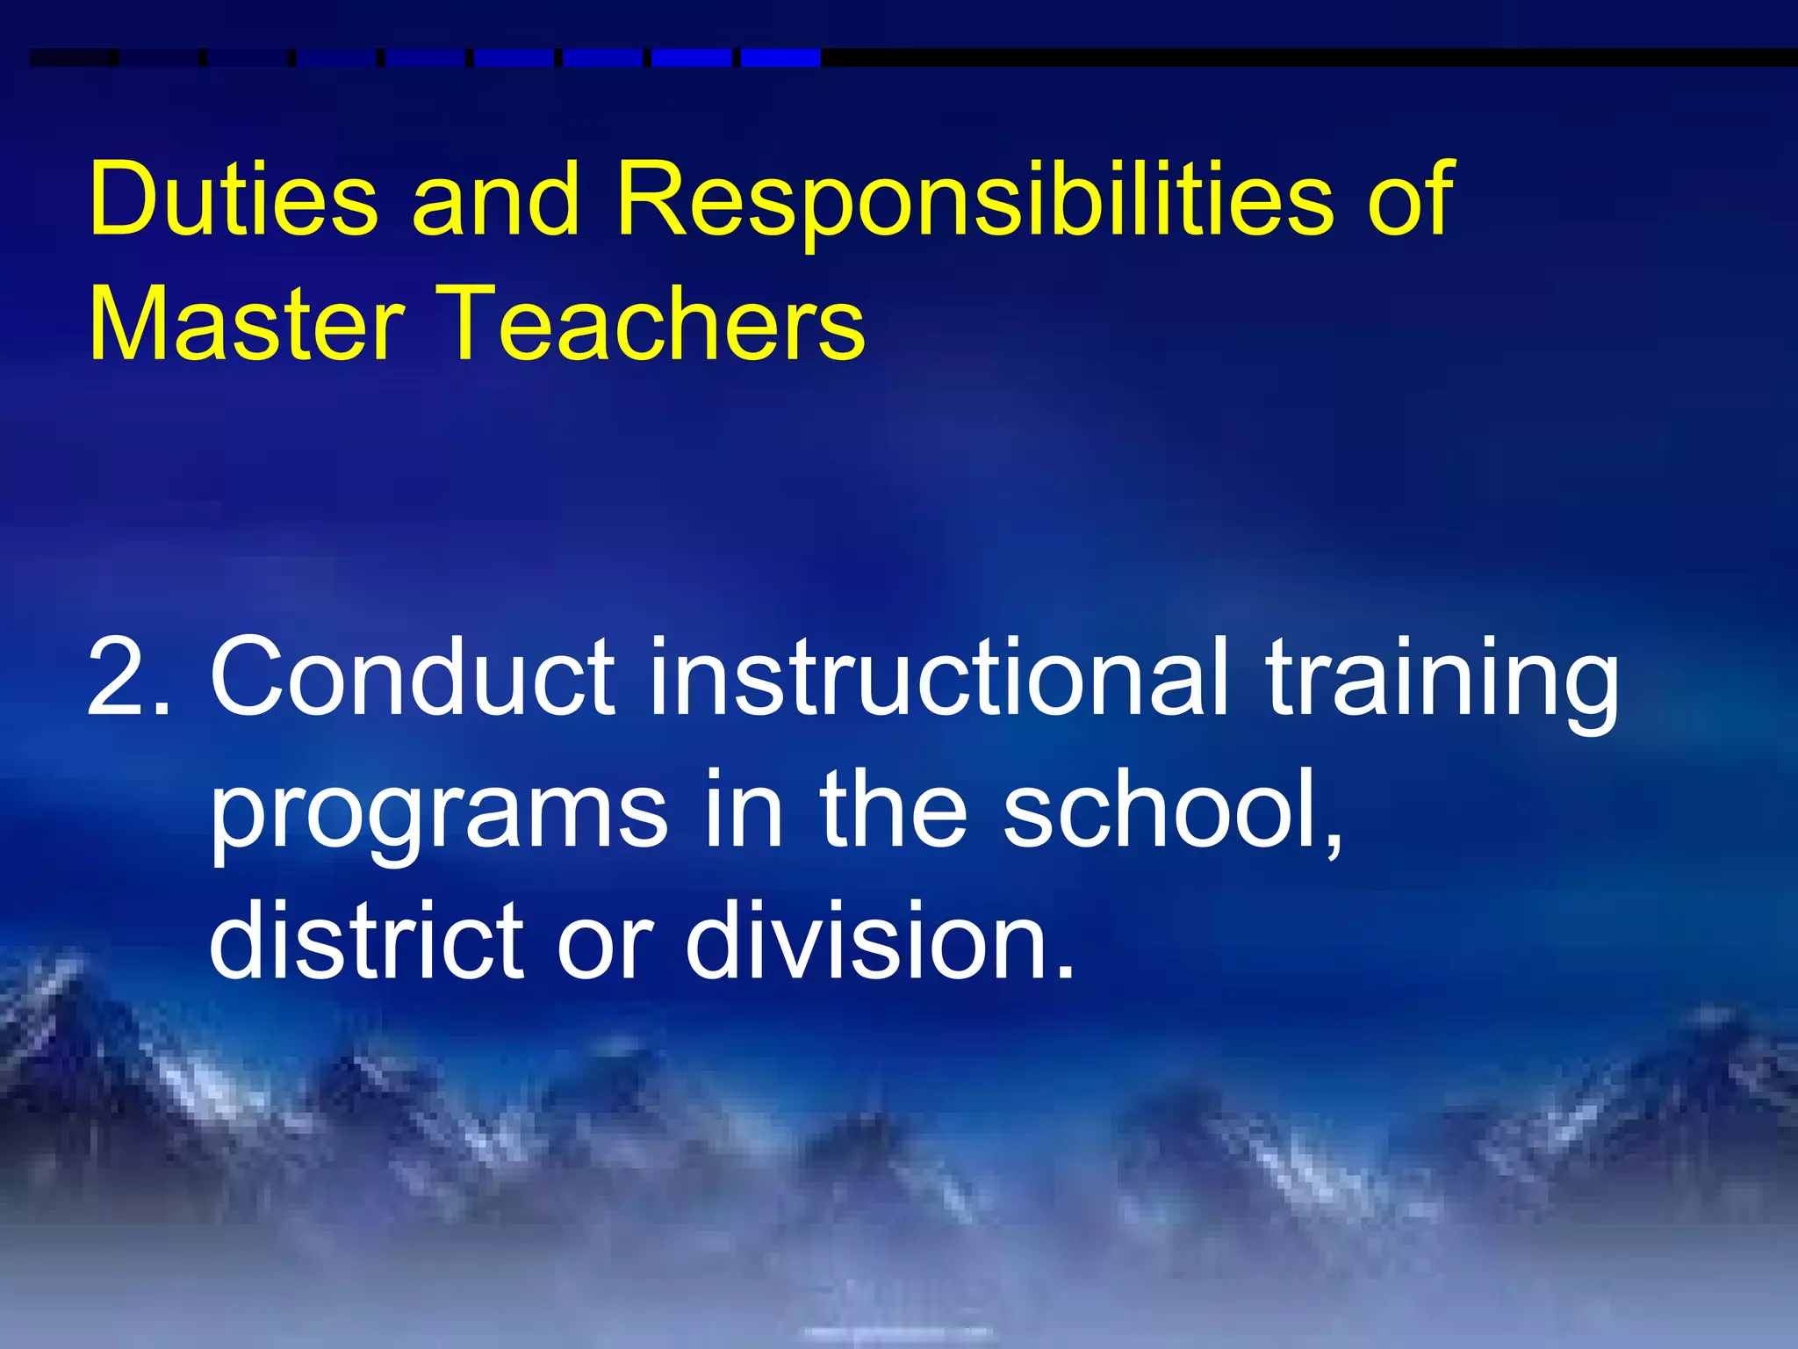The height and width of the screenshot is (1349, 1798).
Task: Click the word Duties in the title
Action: pos(234,199)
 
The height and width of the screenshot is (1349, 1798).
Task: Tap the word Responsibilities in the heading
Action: pos(974,199)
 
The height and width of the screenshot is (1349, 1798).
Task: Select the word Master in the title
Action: pos(247,323)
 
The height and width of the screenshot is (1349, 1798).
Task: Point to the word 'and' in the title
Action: pos(496,199)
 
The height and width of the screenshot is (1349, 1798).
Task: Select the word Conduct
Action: pos(413,677)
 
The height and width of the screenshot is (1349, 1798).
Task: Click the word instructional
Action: pos(939,677)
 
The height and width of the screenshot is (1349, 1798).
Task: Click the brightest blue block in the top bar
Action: pos(780,58)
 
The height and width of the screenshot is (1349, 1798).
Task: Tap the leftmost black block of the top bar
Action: pos(73,58)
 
